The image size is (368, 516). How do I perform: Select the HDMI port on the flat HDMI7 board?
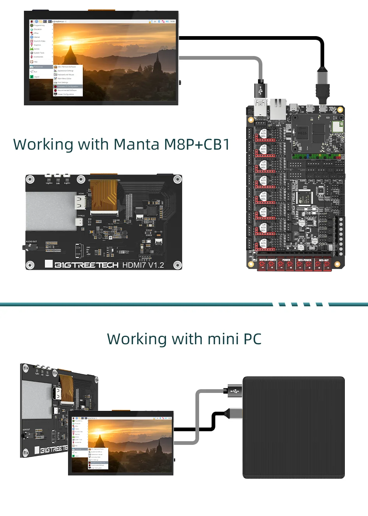(x=80, y=202)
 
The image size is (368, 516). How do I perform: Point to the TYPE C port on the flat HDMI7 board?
(x=79, y=222)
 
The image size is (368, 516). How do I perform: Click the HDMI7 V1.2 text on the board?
(x=143, y=265)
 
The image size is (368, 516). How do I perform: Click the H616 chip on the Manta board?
(x=302, y=133)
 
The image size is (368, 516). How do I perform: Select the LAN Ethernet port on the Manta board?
(x=278, y=109)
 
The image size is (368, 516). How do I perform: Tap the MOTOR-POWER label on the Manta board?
(x=268, y=260)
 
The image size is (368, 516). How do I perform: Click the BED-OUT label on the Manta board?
(x=324, y=260)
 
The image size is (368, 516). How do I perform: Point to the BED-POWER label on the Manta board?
(x=305, y=260)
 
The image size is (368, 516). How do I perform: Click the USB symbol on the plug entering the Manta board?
(x=261, y=90)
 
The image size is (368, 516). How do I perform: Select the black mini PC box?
(x=293, y=428)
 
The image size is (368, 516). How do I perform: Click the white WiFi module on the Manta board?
(x=337, y=126)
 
